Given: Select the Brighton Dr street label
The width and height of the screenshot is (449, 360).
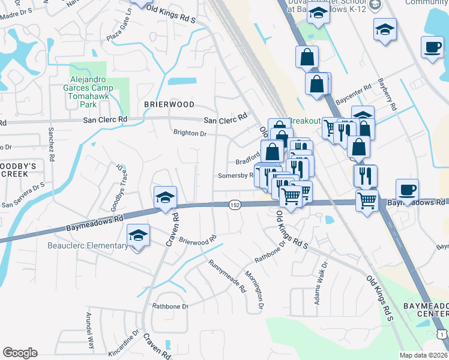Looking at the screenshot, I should (x=190, y=134).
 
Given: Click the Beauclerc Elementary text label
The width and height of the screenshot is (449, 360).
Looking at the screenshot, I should (x=91, y=245).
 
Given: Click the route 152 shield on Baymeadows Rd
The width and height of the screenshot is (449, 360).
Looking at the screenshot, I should (x=235, y=205).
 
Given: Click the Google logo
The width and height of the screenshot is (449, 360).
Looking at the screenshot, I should (x=20, y=353).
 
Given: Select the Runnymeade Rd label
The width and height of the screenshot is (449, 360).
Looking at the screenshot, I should (x=227, y=275).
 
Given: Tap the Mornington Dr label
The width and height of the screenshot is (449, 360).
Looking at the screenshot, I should (x=255, y=290).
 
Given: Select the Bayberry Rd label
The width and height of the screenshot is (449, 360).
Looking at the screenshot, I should (x=387, y=95).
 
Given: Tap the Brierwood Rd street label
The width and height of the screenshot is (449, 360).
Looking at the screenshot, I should (x=197, y=241).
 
